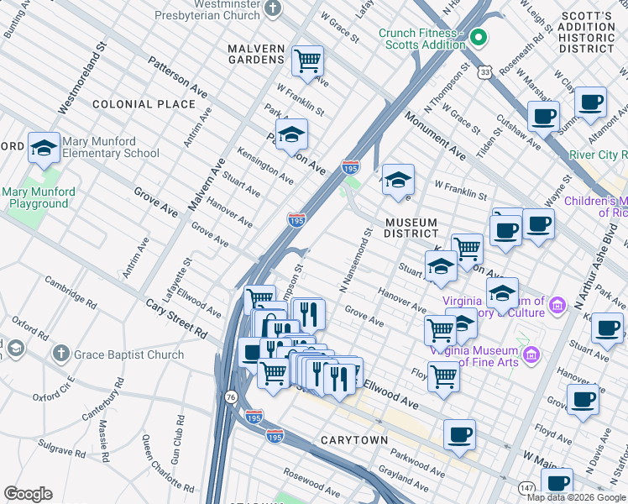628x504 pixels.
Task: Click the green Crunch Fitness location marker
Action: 479,37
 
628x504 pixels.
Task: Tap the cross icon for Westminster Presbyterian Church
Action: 272,9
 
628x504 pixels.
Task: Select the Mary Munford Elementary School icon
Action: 43,148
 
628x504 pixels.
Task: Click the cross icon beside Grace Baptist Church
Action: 60,354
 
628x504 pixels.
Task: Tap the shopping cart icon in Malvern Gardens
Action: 308,60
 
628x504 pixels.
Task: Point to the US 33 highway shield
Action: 484,73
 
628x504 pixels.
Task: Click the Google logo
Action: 28,494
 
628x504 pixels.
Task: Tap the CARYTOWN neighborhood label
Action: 353,440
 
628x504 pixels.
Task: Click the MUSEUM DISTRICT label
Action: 411,228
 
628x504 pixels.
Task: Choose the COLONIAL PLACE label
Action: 144,104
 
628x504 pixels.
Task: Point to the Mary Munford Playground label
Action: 39,197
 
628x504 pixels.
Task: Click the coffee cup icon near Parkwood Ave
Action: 459,435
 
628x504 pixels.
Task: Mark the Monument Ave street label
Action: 436,138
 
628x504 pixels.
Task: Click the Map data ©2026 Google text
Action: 576,496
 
